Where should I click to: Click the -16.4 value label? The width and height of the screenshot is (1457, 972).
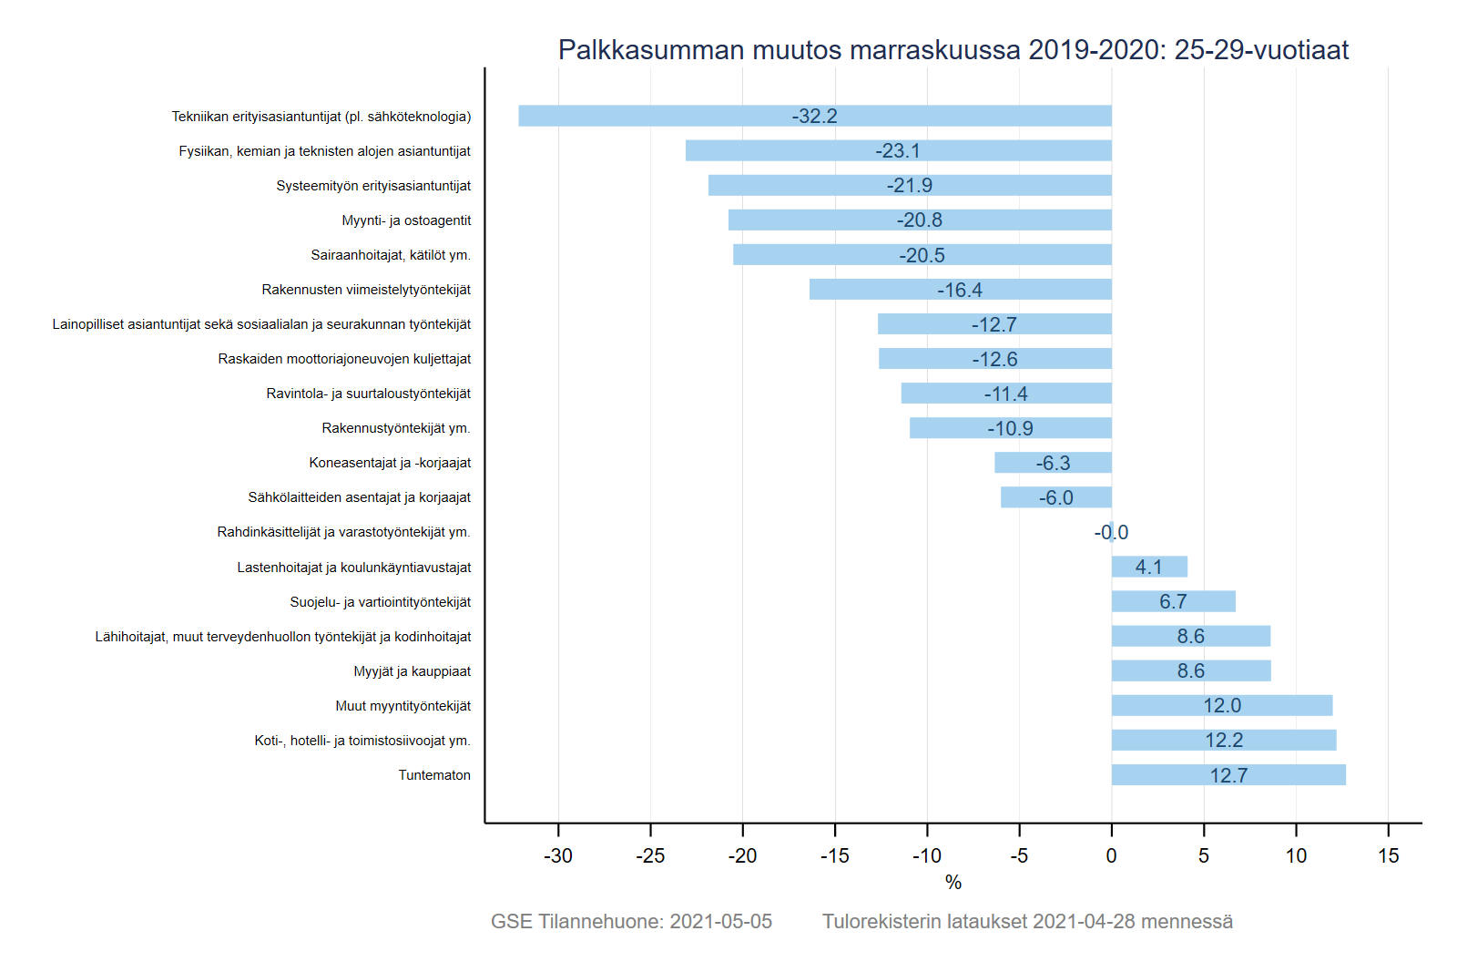pyautogui.click(x=960, y=290)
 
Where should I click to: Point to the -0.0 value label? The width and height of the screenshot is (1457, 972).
pyautogui.click(x=1111, y=533)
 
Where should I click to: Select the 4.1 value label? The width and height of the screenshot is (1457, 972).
pyautogui.click(x=1148, y=568)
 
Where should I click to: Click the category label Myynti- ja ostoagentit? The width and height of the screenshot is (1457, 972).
pyautogui.click(x=406, y=220)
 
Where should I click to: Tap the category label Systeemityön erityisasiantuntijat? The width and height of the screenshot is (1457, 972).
pyautogui.click(x=373, y=186)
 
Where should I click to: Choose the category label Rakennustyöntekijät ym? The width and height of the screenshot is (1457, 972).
pyautogui.click(x=396, y=428)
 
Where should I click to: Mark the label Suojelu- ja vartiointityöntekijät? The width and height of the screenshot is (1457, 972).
pyautogui.click(x=380, y=602)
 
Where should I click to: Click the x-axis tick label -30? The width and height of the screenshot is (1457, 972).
pyautogui.click(x=558, y=856)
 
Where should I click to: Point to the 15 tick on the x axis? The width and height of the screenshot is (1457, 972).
pyautogui.click(x=1388, y=856)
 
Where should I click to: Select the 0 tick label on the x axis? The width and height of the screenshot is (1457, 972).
pyautogui.click(x=1111, y=856)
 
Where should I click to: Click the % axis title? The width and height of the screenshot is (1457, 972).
pyautogui.click(x=953, y=883)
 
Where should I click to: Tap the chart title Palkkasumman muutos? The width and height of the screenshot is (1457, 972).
pyautogui.click(x=953, y=49)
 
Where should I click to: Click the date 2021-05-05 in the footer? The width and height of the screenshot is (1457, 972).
pyautogui.click(x=720, y=922)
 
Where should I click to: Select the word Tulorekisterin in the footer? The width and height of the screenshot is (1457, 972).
pyautogui.click(x=881, y=922)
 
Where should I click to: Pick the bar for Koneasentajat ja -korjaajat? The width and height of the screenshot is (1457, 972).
pyautogui.click(x=1053, y=463)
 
